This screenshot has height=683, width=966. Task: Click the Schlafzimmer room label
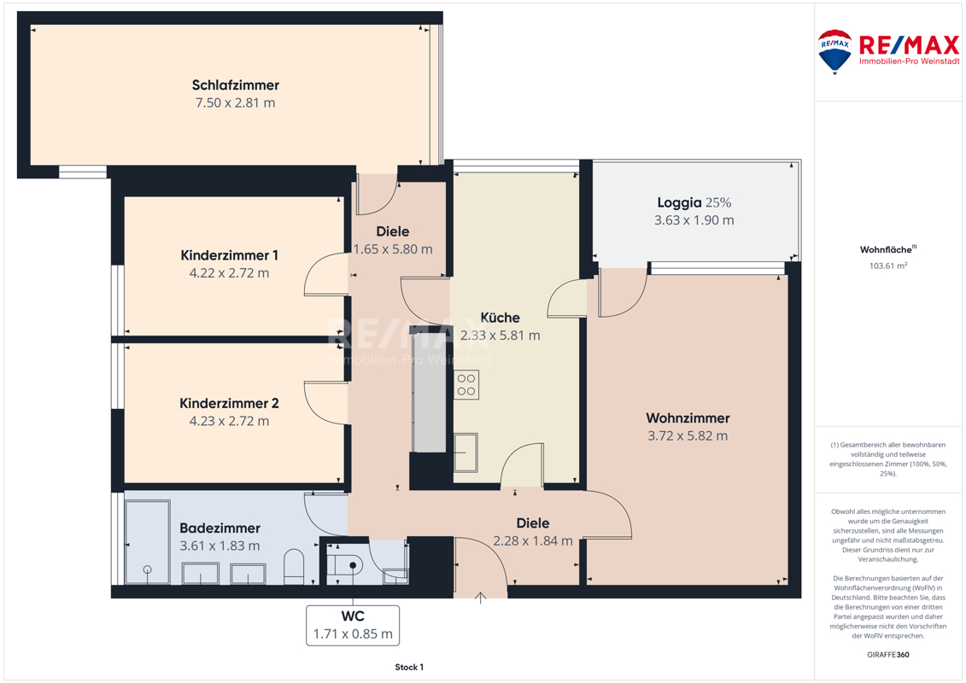coord(236,85)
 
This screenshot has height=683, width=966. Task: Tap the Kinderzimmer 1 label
coord(229,255)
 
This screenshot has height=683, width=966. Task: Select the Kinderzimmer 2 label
coord(229,403)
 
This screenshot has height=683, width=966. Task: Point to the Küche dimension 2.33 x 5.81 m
coord(501,336)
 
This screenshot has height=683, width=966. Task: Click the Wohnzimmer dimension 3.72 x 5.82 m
coord(688,436)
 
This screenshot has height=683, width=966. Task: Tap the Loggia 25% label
coord(694,202)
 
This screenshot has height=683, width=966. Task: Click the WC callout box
coord(353,626)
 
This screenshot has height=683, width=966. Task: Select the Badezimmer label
coord(220,528)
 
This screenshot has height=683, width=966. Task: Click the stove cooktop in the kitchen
coord(466,385)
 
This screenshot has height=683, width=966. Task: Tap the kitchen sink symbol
coord(465,452)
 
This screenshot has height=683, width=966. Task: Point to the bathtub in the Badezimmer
coord(147,542)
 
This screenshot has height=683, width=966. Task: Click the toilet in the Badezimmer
coord(294,567)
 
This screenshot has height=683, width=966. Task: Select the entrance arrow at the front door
coord(481,598)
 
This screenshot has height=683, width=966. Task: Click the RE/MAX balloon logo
coord(834,52)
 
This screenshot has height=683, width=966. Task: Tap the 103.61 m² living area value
coord(888,266)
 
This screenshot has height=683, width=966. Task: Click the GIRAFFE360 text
coord(887,655)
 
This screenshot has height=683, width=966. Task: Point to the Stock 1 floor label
coord(409,667)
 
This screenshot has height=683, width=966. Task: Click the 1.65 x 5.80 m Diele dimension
coord(392,249)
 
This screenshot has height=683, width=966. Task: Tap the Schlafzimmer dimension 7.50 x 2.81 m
coord(236,102)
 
